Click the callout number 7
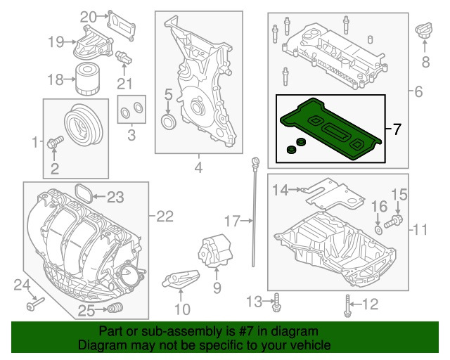coord(397,129)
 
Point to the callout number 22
coord(164,217)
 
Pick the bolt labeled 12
coord(348,305)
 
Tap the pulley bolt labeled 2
coord(56,143)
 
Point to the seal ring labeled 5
coord(169,124)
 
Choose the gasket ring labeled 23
coord(82,194)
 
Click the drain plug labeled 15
coord(395,219)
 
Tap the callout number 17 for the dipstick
coord(232,222)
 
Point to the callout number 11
coord(420,229)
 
